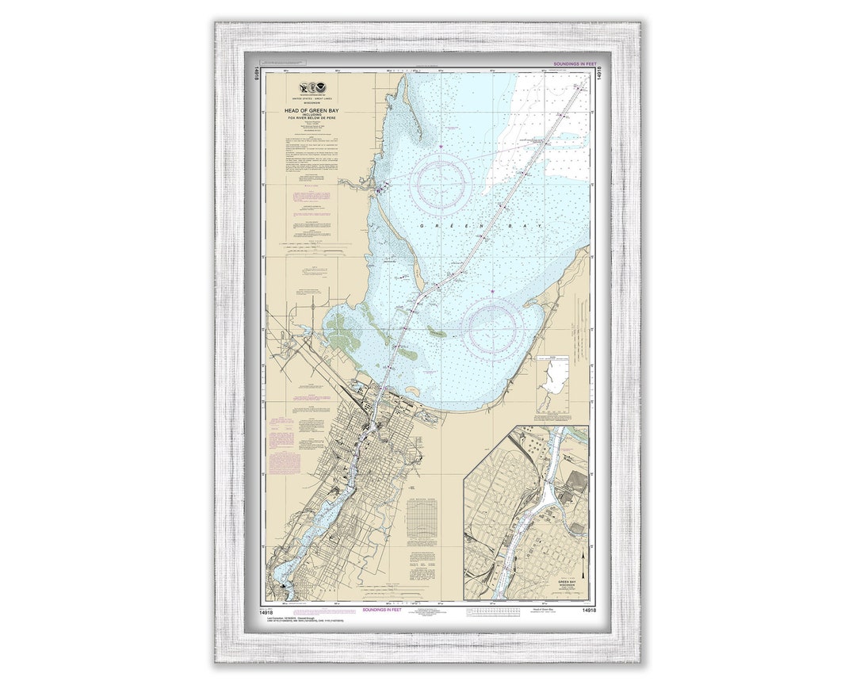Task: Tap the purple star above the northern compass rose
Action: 441,146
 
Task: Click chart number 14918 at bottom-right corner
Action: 587,610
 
